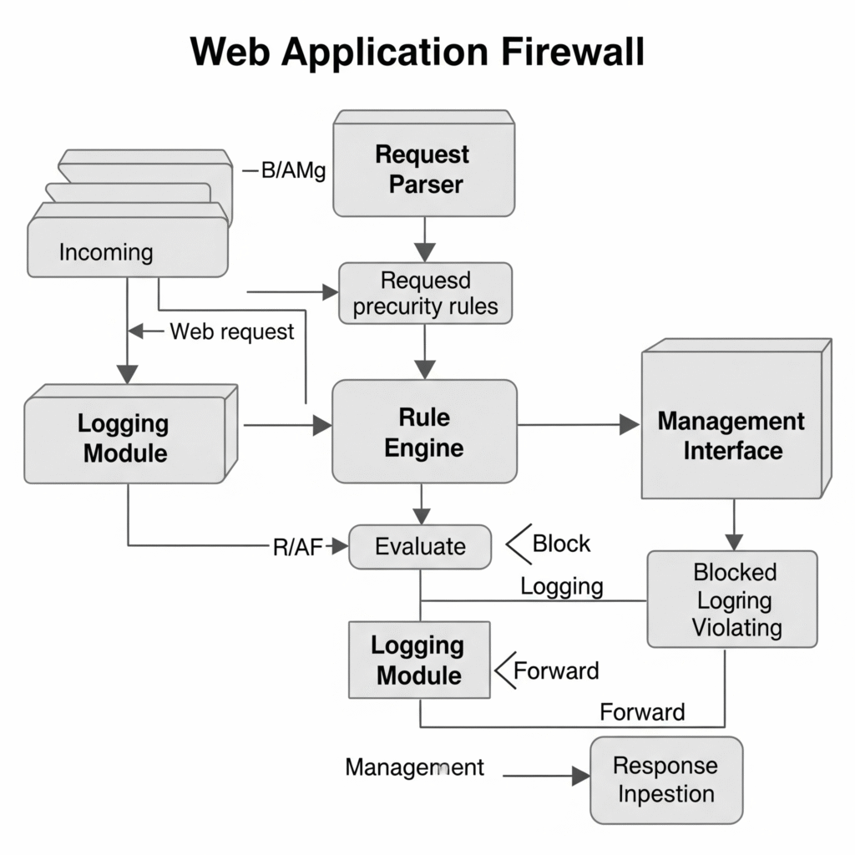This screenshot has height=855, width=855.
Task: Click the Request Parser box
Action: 423,164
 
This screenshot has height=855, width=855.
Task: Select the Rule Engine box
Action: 424,432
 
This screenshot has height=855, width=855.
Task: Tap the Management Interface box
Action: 736,420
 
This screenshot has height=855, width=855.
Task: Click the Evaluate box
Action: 420,547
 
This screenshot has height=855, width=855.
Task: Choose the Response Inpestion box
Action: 666,780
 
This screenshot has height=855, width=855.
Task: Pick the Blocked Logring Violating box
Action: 732,600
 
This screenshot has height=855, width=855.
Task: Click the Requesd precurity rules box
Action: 425,293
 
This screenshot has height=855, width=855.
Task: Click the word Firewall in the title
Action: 573,52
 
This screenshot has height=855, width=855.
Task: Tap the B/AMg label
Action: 293,170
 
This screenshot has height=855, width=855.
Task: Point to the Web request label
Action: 232,331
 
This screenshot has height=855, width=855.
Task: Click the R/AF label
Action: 298,548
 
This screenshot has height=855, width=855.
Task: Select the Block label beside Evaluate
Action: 561,544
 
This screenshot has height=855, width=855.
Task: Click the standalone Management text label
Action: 414,767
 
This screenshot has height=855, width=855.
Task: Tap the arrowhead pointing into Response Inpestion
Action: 581,776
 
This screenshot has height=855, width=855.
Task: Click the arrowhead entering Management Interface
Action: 630,424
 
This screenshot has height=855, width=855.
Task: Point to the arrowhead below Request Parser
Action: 425,252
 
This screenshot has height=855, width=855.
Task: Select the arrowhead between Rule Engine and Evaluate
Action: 422,516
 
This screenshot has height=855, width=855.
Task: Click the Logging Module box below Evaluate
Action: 419,660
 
